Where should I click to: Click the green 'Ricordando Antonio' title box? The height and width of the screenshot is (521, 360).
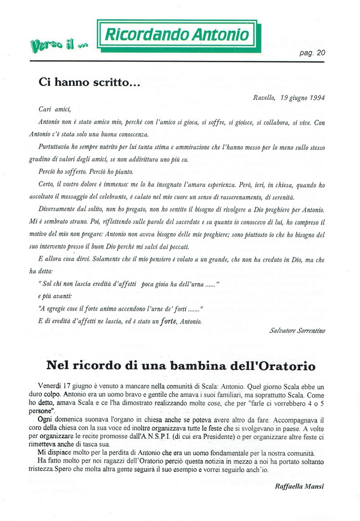(x=177, y=35)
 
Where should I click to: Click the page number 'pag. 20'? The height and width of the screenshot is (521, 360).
(x=313, y=54)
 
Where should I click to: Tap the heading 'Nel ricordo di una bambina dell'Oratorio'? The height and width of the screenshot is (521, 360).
(x=180, y=366)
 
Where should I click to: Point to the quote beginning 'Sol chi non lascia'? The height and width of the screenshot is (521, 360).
(x=129, y=284)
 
